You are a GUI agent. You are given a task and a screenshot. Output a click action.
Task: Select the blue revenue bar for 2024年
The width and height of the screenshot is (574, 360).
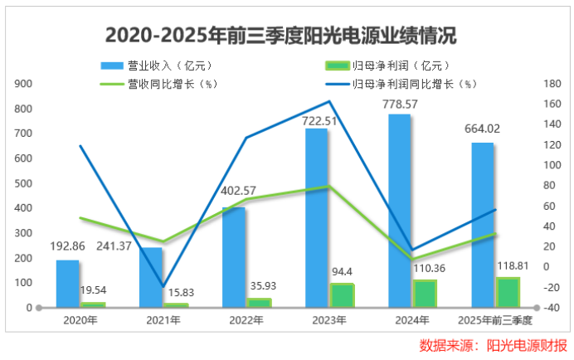click(400, 211)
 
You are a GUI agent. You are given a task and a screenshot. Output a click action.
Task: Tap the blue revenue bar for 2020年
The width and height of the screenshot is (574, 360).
click(68, 284)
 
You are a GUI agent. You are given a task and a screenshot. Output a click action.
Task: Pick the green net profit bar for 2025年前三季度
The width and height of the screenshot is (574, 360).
click(507, 292)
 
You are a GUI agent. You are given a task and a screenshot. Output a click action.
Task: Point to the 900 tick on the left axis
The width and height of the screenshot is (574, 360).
click(23, 84)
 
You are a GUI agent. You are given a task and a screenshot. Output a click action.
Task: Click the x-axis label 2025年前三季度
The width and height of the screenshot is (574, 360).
click(495, 319)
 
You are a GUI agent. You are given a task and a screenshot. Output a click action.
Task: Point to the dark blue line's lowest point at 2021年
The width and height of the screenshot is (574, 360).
click(163, 287)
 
